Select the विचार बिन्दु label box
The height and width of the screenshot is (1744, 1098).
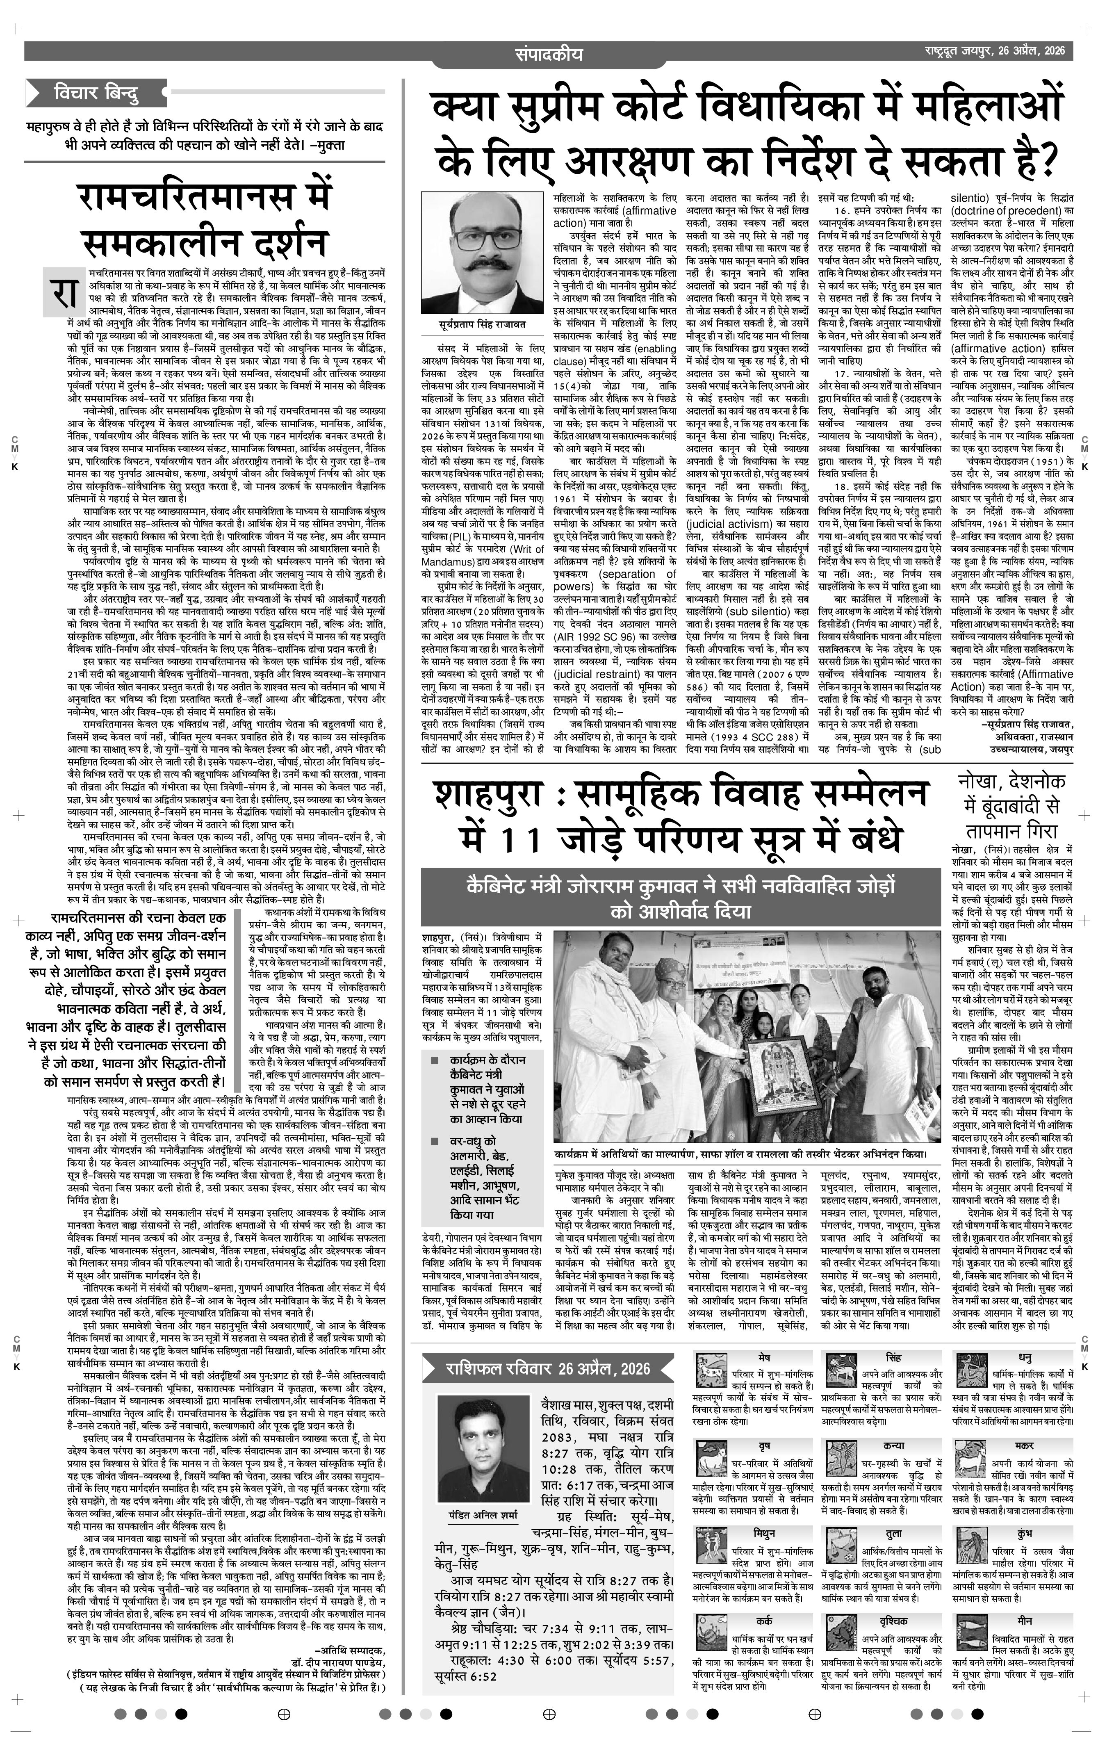coord(94,93)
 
